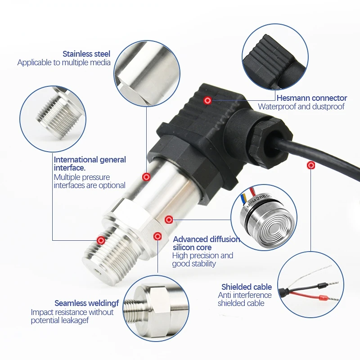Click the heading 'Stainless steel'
point(86,54)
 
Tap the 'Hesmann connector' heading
point(312,98)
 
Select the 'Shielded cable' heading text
point(247,287)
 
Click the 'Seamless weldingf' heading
point(86,303)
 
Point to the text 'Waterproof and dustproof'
point(301,107)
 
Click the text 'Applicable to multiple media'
point(64,63)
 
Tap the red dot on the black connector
point(208,100)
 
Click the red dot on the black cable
point(311,165)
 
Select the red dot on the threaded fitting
point(101,240)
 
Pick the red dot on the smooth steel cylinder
point(146,177)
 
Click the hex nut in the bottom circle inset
point(161,308)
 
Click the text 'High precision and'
point(203,256)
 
